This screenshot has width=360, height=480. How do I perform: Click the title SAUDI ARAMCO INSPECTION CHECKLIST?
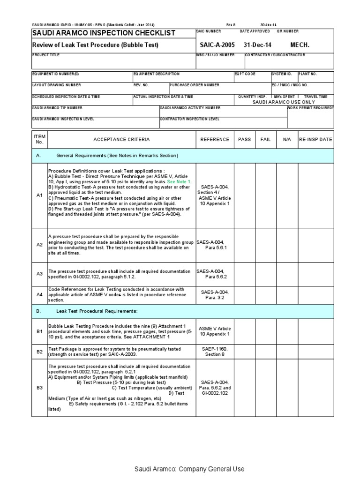tap(104, 33)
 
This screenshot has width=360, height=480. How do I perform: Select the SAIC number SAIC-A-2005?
tap(217, 45)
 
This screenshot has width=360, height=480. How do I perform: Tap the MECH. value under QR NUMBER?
tap(300, 45)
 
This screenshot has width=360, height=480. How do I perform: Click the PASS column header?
tap(245, 140)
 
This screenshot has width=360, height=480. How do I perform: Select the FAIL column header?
tap(265, 140)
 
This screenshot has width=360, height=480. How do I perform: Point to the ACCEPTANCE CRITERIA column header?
tap(121, 140)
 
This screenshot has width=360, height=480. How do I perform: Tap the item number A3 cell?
tap(39, 274)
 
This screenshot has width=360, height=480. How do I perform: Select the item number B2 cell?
tap(39, 352)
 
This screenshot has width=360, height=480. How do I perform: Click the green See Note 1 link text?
tap(179, 181)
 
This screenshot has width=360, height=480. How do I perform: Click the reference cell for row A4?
tap(215, 294)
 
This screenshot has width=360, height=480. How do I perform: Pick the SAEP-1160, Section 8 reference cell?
tap(215, 352)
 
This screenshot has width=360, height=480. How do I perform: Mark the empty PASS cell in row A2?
tap(245, 245)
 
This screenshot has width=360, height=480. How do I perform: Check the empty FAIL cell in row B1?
tap(265, 331)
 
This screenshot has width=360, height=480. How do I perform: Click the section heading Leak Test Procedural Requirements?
tap(97, 311)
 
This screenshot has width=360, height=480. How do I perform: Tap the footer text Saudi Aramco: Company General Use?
tap(189, 469)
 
